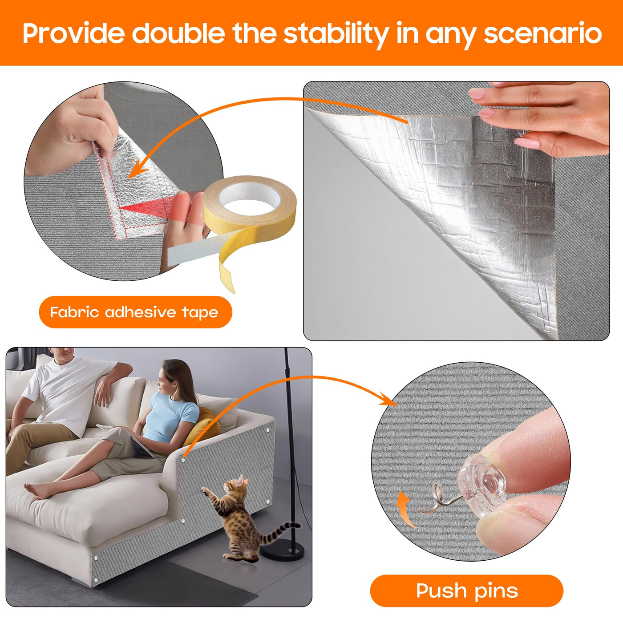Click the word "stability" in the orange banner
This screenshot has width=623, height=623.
click(x=336, y=34)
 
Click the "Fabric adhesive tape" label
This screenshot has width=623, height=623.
click(x=135, y=312)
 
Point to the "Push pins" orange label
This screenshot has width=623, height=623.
click(x=466, y=591)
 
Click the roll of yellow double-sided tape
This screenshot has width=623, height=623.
click(x=250, y=202)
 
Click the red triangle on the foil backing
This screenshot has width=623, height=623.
click(x=146, y=207)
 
